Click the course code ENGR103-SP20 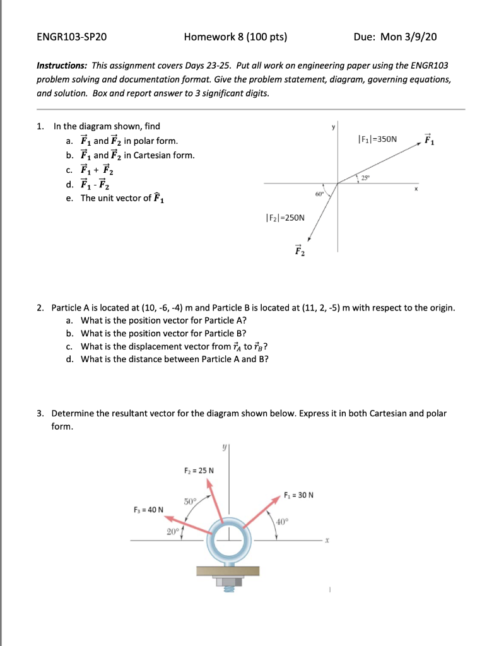coord(72,37)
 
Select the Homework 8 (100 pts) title coord(235,37)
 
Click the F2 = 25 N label coord(199,470)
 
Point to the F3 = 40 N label coord(148,509)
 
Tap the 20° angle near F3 coord(172,531)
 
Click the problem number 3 coord(40,413)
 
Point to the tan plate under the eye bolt coord(228,571)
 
